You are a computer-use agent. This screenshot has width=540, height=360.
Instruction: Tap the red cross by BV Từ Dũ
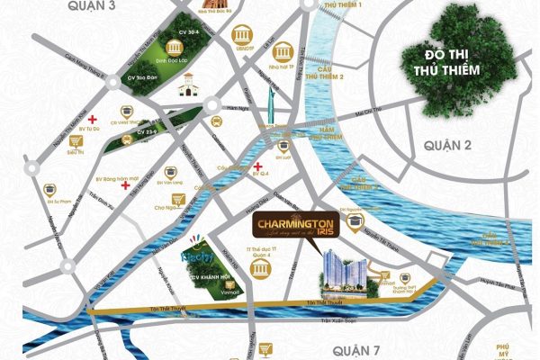tap(93, 117)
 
